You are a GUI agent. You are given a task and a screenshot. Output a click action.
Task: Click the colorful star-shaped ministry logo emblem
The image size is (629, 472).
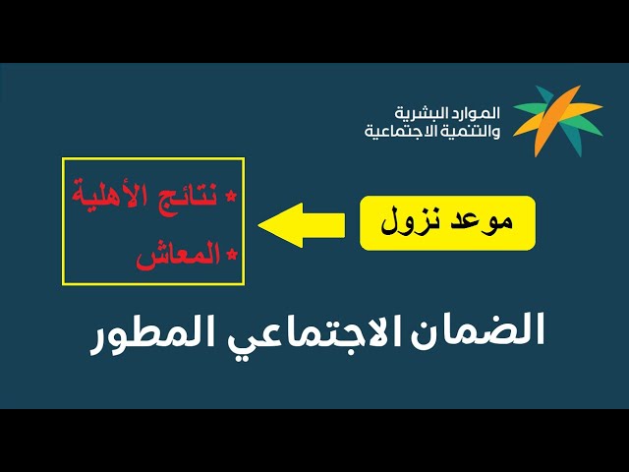pos(557,119)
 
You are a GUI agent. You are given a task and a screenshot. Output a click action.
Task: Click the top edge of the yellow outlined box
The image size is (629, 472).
pos(152,157)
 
